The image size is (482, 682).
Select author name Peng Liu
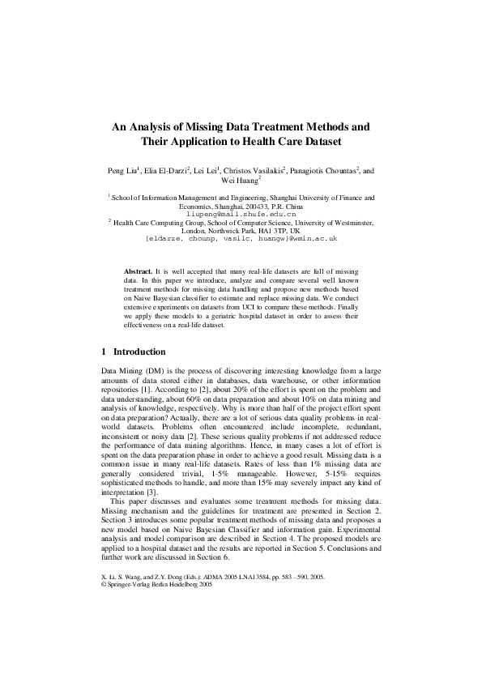point(122,171)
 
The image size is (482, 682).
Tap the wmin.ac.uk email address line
point(241,240)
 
